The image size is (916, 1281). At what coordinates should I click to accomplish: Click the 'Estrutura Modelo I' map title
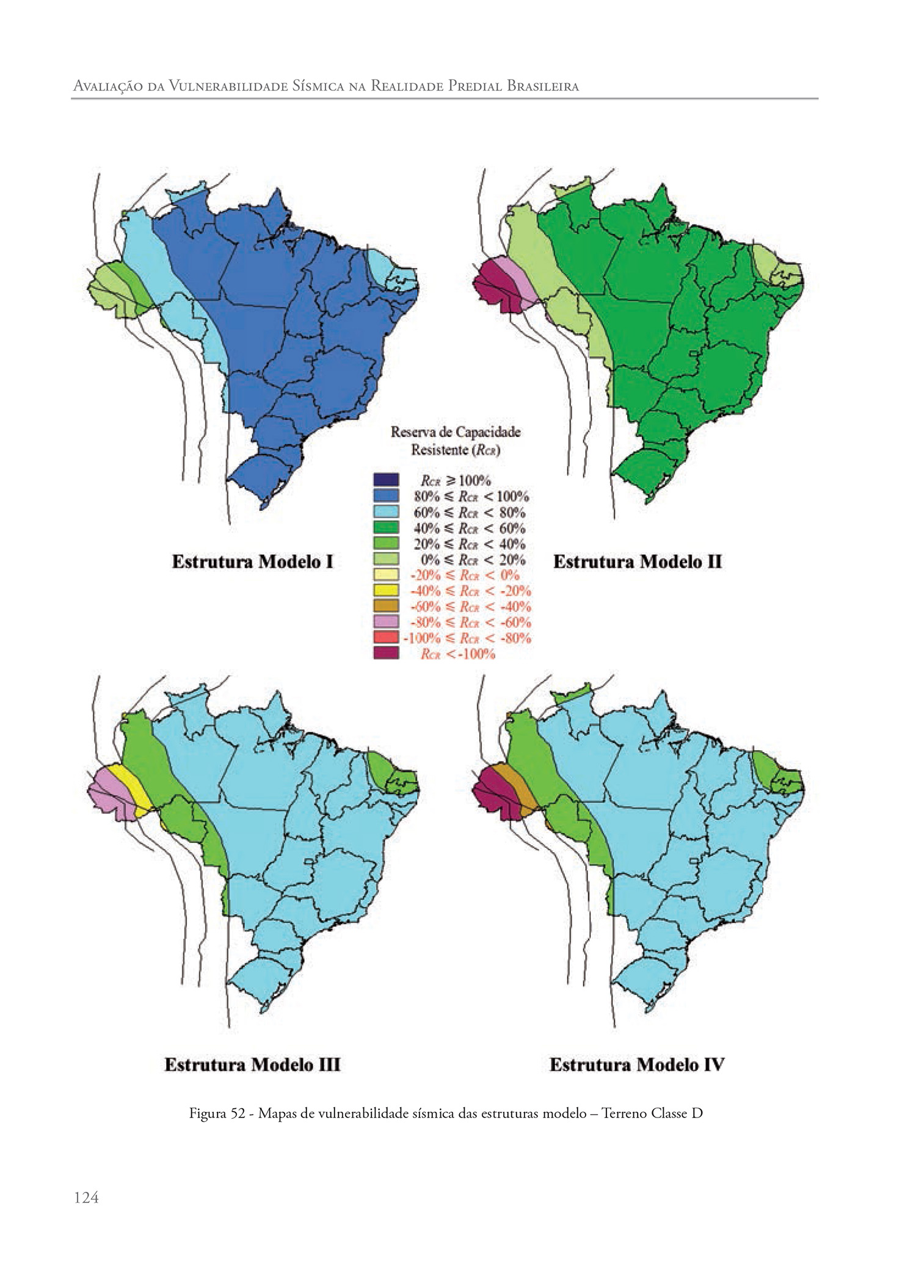252,561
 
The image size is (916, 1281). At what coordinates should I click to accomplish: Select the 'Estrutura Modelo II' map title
637,561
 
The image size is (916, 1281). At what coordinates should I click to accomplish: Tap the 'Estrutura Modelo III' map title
252,1065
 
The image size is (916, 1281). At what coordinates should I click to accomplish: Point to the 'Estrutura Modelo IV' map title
636,1065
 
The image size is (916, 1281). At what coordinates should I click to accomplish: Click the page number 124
86,1197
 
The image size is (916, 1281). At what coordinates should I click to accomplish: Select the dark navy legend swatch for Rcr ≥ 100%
386,480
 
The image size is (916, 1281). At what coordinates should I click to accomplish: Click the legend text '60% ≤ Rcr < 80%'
469,512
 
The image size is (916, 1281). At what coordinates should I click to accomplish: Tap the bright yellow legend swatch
386,590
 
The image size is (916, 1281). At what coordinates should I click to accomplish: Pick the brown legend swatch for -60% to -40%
386,606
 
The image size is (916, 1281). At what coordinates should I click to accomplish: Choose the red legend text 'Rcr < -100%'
457,654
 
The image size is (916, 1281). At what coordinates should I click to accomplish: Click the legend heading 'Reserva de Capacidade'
456,432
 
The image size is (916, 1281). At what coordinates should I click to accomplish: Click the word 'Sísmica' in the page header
317,86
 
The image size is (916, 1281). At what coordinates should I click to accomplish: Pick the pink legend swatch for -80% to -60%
386,622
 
